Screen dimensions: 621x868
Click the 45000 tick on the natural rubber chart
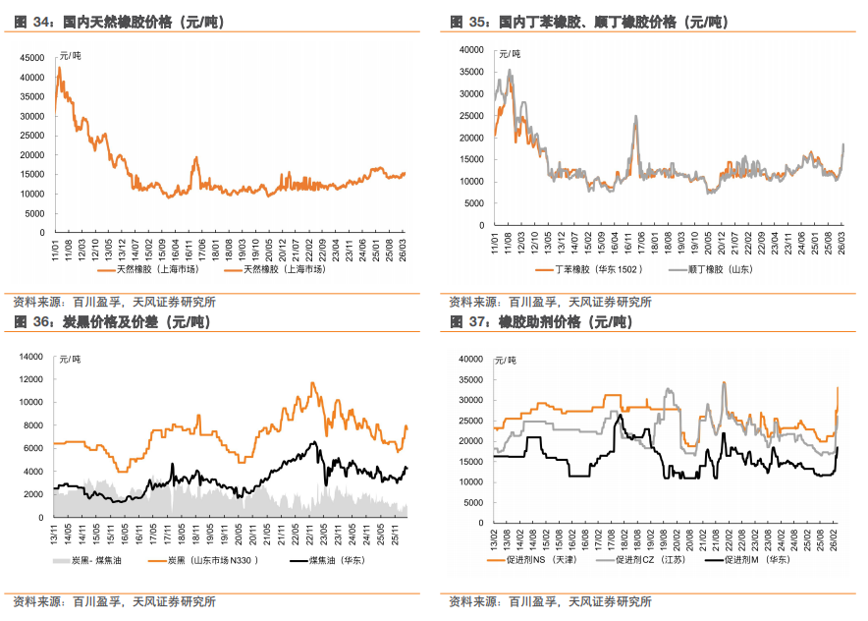point(29,58)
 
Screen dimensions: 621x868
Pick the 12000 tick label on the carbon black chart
point(32,378)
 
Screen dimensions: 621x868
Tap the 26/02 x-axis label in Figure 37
point(835,538)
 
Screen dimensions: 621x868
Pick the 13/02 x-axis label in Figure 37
point(494,538)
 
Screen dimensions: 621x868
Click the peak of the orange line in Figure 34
point(59,68)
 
